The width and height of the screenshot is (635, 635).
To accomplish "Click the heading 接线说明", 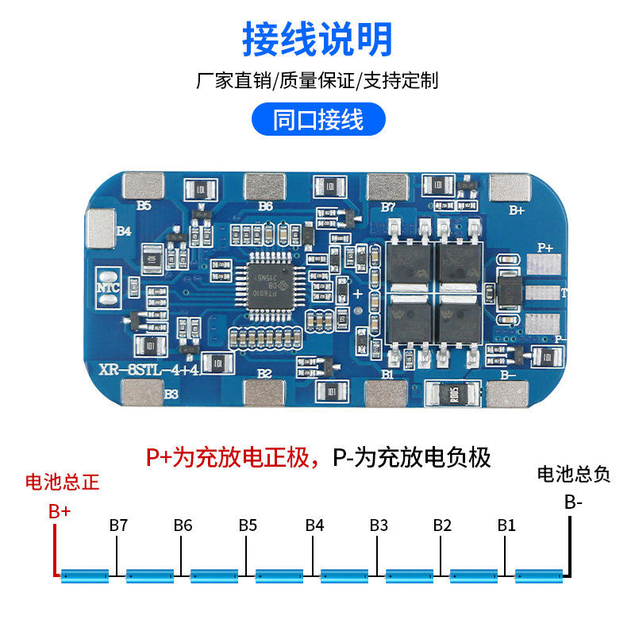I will tap(317, 37).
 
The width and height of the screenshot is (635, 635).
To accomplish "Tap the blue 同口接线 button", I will tap(317, 120).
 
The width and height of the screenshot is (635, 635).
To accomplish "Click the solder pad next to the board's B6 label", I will tap(264, 187).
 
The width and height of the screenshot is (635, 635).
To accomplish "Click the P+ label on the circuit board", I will tap(545, 248).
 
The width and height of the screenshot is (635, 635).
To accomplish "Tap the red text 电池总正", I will tap(63, 482).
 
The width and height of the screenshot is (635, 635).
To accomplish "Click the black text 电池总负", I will tap(574, 475).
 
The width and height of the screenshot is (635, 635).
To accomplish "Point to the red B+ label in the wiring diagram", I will tap(60, 512).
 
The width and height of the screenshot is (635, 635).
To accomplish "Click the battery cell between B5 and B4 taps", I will tap(278, 574).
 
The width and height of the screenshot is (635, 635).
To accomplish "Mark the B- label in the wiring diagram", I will tap(574, 502).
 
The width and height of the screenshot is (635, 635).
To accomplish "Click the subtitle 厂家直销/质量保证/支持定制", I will tap(317, 80).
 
